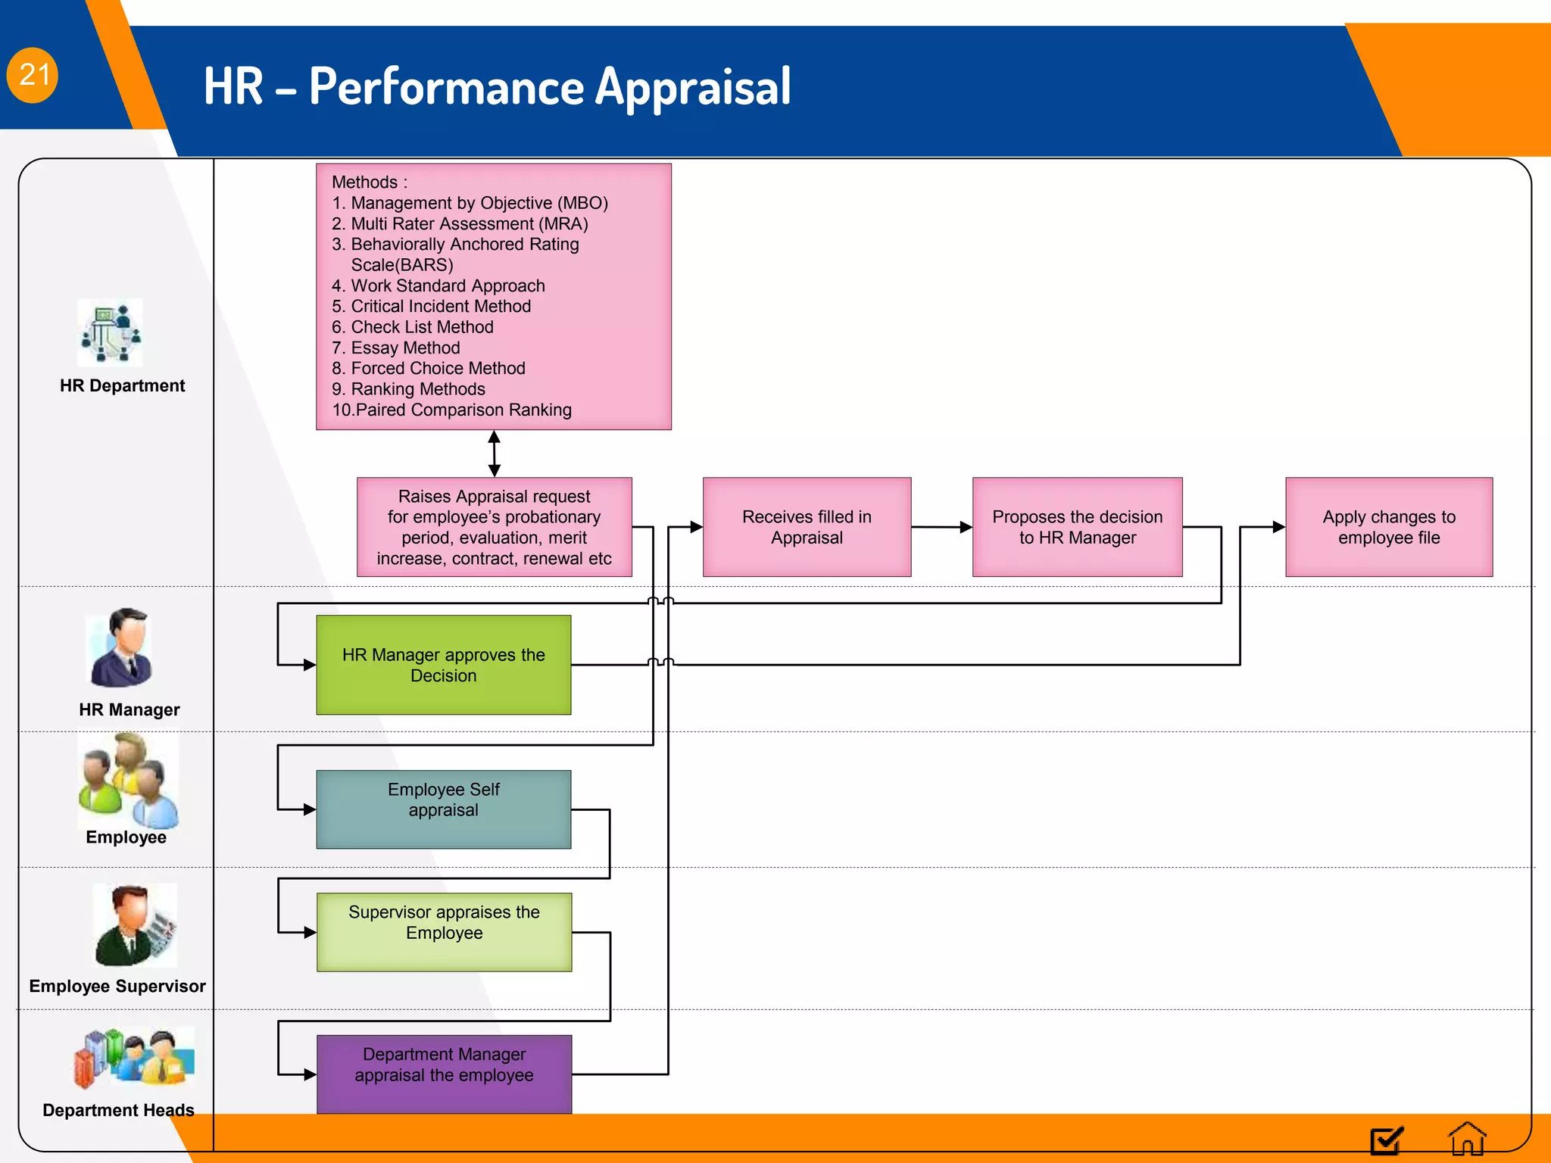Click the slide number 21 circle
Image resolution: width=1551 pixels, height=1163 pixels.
pos(33,75)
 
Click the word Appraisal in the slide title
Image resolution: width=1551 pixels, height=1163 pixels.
pos(692,86)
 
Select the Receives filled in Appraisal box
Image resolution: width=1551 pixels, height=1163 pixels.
pos(807,527)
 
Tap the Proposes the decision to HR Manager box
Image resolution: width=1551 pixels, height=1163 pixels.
pos(1077,527)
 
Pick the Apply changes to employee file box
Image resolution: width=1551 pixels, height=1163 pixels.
pos(1388,527)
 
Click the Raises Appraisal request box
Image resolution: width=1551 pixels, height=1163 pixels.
pos(494,527)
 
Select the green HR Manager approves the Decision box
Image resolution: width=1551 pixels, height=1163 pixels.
pos(443,665)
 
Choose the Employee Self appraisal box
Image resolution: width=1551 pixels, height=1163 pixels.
pos(443,809)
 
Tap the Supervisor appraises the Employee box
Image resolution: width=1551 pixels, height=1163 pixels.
pos(444,932)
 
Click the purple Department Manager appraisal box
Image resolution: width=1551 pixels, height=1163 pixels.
pos(444,1074)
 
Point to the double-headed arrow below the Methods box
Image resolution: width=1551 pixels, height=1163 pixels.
pos(494,454)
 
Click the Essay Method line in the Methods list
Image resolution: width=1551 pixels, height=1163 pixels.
pos(404,348)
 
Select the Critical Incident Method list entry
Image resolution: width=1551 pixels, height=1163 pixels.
pos(440,306)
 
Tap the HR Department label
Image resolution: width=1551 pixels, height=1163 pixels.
pos(122,385)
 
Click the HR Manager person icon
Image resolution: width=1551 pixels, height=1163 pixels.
pos(121,648)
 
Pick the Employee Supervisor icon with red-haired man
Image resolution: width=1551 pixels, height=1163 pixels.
pos(134,925)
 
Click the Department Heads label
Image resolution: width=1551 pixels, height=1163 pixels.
pos(118,1110)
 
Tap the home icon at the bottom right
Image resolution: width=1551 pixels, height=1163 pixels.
pos(1466,1139)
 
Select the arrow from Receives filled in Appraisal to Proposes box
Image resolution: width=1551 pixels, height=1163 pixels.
pos(941,527)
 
